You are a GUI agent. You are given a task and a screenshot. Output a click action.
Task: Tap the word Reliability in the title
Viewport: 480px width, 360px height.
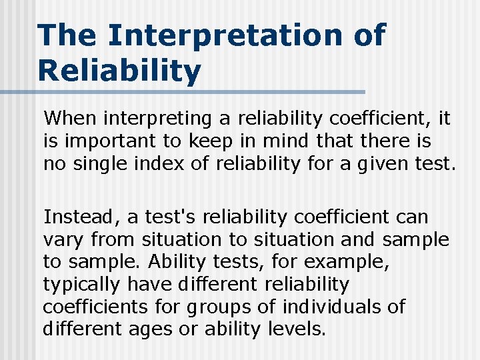pos(119,70)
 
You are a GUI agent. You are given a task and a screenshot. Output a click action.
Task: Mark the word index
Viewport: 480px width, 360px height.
pos(163,164)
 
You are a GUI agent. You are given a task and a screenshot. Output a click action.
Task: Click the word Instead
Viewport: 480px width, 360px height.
pos(75,217)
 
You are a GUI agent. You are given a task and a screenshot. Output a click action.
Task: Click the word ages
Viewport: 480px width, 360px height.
pos(174,329)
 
